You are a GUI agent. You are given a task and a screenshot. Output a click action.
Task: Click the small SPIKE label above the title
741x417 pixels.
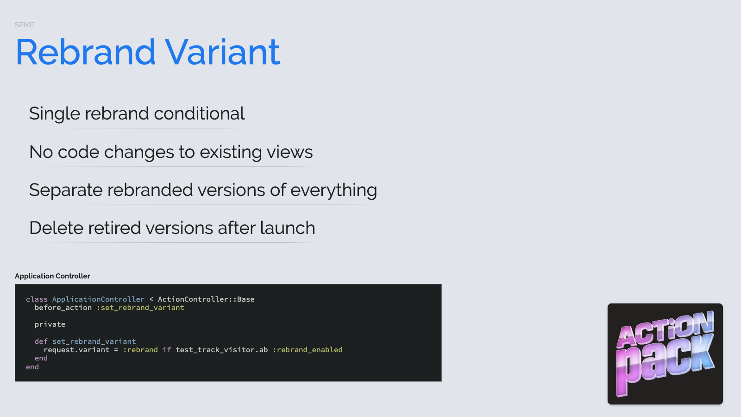[x=24, y=25]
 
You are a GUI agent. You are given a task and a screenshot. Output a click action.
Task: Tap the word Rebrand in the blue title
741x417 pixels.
[x=85, y=52]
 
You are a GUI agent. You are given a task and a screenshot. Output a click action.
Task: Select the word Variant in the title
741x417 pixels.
[x=222, y=52]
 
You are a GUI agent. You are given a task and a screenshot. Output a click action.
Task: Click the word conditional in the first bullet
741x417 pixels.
[x=199, y=114]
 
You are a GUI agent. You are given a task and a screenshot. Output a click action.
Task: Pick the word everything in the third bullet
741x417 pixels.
[x=333, y=190]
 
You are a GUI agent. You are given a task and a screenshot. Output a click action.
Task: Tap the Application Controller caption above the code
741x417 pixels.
[x=52, y=276]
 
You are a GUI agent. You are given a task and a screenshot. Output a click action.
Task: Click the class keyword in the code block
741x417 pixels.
[x=37, y=299]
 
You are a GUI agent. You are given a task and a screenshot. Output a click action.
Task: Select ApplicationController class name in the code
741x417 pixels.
[x=98, y=299]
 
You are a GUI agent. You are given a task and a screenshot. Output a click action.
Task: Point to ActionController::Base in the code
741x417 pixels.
[x=206, y=299]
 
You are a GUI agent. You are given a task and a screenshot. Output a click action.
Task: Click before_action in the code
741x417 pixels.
[x=63, y=308]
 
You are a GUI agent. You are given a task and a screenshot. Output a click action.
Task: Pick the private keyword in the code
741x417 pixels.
[x=50, y=325]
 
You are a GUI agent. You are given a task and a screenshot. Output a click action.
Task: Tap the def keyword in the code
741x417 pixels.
[x=41, y=341]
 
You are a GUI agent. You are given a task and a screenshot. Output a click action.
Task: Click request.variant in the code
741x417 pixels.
[x=76, y=350]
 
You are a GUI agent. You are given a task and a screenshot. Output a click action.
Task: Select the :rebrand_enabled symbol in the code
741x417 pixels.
[x=308, y=350]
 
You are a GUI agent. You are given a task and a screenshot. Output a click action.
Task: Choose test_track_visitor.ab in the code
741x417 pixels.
[x=222, y=350]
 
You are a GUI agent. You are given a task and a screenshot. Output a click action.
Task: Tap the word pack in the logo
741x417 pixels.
[x=665, y=364]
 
